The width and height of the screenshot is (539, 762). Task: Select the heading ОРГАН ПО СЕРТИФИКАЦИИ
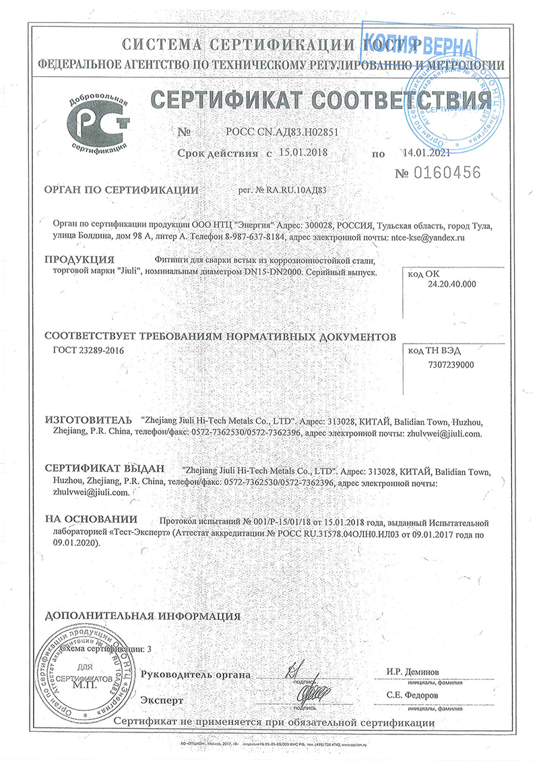[121, 190]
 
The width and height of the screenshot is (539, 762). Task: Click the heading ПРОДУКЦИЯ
[79, 259]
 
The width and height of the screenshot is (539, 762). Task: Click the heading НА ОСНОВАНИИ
[91, 519]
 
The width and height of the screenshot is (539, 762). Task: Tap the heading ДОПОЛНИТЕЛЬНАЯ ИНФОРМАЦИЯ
[142, 616]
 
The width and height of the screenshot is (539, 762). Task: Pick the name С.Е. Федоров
[412, 695]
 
